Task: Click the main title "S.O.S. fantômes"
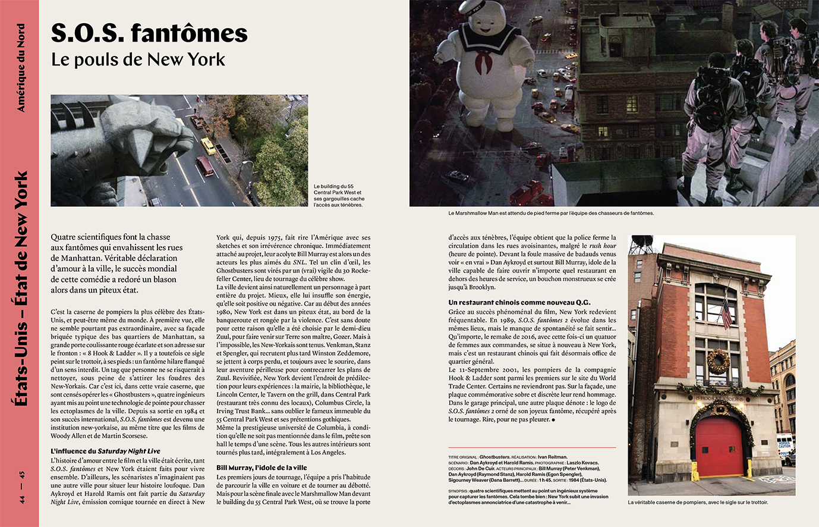pyautogui.click(x=149, y=33)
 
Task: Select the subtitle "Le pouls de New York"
pyautogui.click(x=138, y=60)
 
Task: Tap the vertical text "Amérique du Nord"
pyautogui.click(x=21, y=68)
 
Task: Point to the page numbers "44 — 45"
pyautogui.click(x=22, y=487)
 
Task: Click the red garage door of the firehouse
pyautogui.click(x=719, y=446)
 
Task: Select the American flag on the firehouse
pyautogui.click(x=726, y=313)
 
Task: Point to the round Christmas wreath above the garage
pyautogui.click(x=718, y=361)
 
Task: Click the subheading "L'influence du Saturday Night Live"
pyautogui.click(x=105, y=451)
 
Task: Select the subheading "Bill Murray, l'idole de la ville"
pyautogui.click(x=262, y=468)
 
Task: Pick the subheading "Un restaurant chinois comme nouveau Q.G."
pyautogui.click(x=519, y=303)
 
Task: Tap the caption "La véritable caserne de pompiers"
pyautogui.click(x=698, y=502)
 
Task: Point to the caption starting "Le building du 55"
pyautogui.click(x=339, y=196)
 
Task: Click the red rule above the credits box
pyautogui.click(x=532, y=448)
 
